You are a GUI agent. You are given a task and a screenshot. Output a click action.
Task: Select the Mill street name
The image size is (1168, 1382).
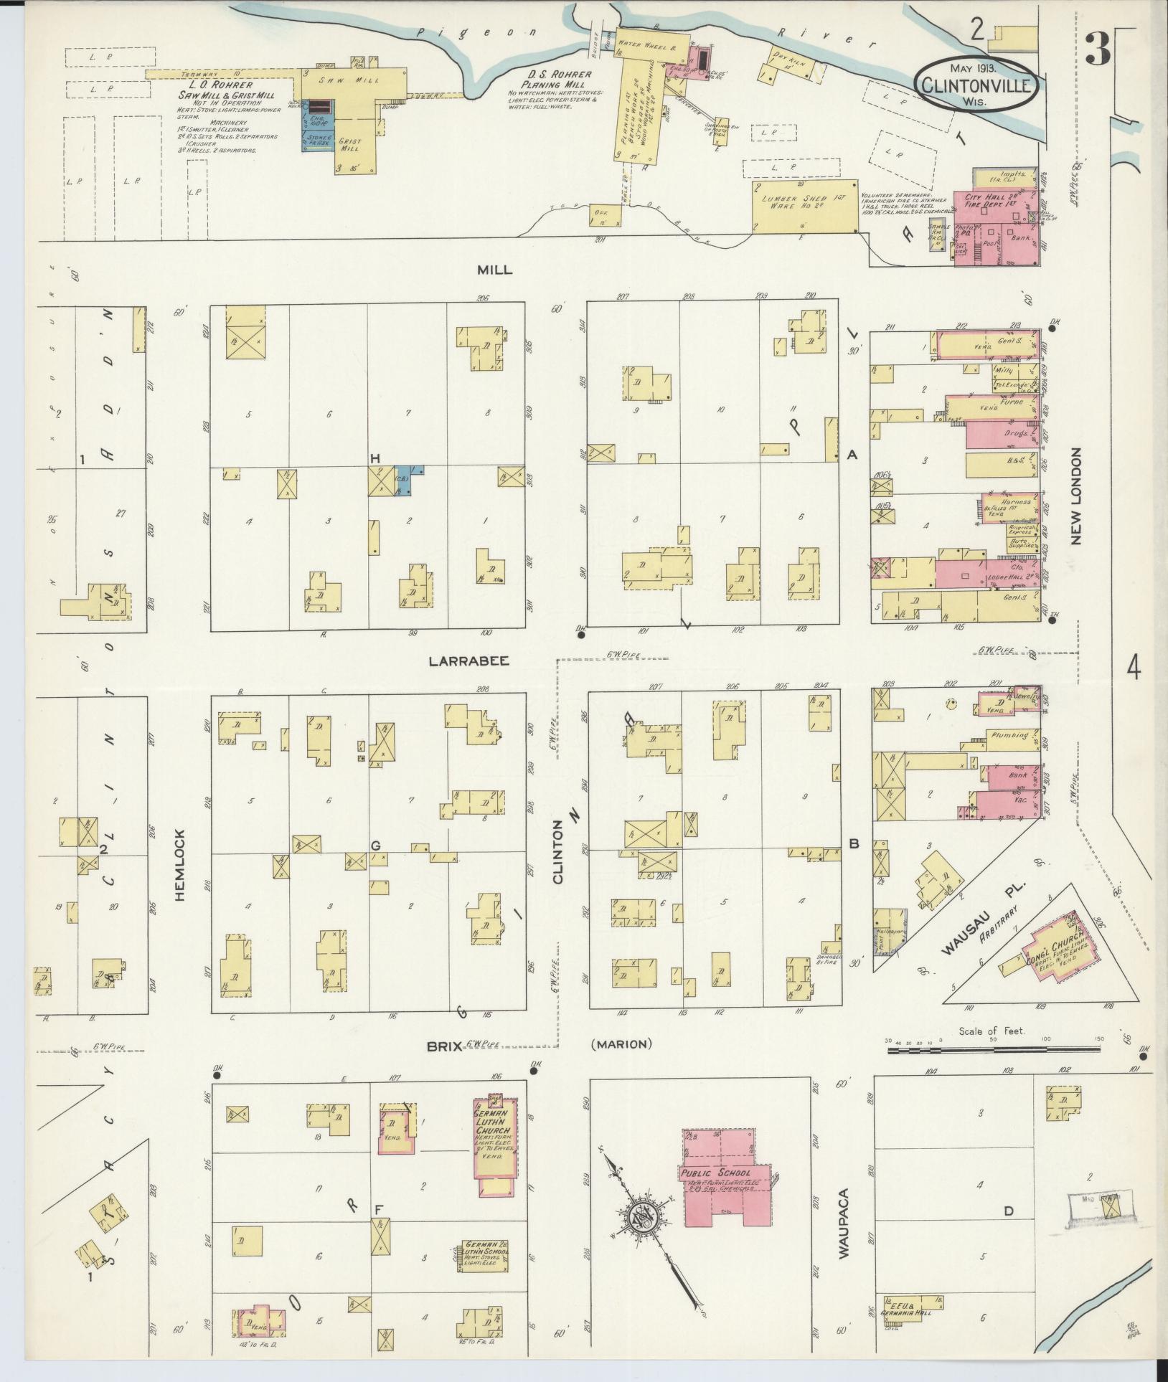495,269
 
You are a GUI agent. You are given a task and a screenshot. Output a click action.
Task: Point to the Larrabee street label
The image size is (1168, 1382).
468,661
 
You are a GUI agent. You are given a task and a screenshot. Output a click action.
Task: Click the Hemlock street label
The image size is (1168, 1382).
180,865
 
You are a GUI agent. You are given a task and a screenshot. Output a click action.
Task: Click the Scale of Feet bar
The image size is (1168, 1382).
993,1050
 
